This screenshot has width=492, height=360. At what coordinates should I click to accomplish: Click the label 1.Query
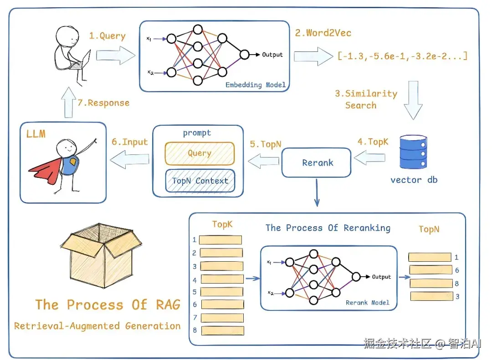coord(107,35)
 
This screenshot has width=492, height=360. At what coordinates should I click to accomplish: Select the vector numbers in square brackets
coord(402,56)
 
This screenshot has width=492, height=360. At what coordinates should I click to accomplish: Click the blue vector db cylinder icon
coord(414,152)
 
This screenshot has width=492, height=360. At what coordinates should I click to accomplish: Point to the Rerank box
coord(317,162)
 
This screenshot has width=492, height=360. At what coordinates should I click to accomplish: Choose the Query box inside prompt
coord(200,153)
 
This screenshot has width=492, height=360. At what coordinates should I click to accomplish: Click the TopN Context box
coord(200,180)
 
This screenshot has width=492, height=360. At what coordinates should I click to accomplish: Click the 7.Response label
coord(103,103)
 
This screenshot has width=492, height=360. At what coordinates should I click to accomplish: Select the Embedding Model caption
coord(256,85)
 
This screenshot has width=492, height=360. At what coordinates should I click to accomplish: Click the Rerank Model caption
coord(367,303)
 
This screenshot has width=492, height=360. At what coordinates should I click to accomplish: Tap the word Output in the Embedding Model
coord(272,55)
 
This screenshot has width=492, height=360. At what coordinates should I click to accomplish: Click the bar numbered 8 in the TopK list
coord(221,330)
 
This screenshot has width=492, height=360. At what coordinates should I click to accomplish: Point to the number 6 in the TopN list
coord(456,270)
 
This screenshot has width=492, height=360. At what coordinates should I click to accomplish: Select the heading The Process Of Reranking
coord(328,228)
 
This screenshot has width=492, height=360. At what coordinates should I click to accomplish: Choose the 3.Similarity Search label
coord(366,99)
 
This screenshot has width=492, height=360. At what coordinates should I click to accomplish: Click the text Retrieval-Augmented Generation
coord(97,326)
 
